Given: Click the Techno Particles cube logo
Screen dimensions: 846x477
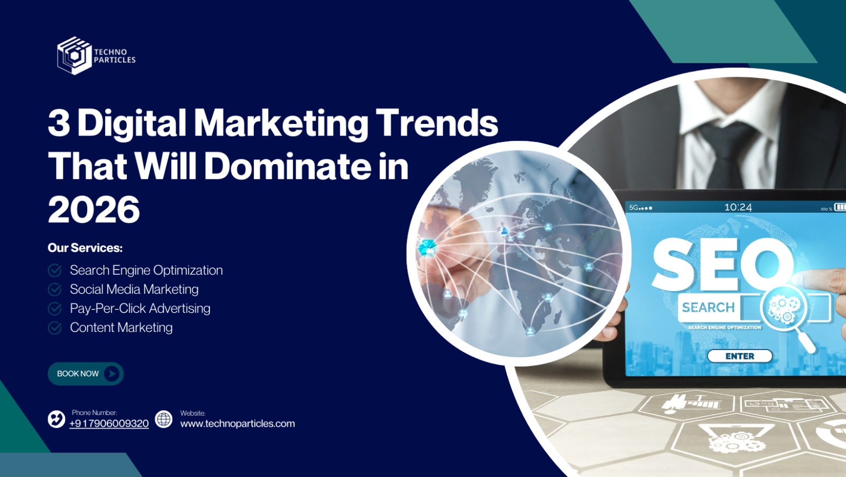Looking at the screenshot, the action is click(x=75, y=56).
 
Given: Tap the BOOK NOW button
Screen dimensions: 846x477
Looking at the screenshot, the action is click(x=86, y=374).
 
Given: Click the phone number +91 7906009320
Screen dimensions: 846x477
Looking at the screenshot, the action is click(x=109, y=424).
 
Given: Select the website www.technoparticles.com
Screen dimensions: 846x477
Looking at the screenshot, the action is click(x=237, y=424).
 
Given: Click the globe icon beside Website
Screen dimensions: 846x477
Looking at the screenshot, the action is click(x=163, y=419).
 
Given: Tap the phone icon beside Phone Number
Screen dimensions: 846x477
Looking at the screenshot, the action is click(x=56, y=419).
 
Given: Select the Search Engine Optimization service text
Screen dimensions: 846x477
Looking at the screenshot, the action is click(x=146, y=270).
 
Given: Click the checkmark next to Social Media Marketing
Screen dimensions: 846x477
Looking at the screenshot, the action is click(x=55, y=290).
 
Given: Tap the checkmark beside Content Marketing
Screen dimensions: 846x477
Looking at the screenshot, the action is click(x=55, y=328).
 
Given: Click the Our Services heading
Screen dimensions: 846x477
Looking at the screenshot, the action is click(x=85, y=248).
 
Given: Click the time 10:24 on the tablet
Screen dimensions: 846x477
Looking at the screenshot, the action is click(x=738, y=208).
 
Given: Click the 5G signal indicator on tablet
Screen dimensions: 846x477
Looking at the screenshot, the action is click(x=640, y=208).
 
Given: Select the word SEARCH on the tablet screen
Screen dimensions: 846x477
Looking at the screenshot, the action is click(x=708, y=308).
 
